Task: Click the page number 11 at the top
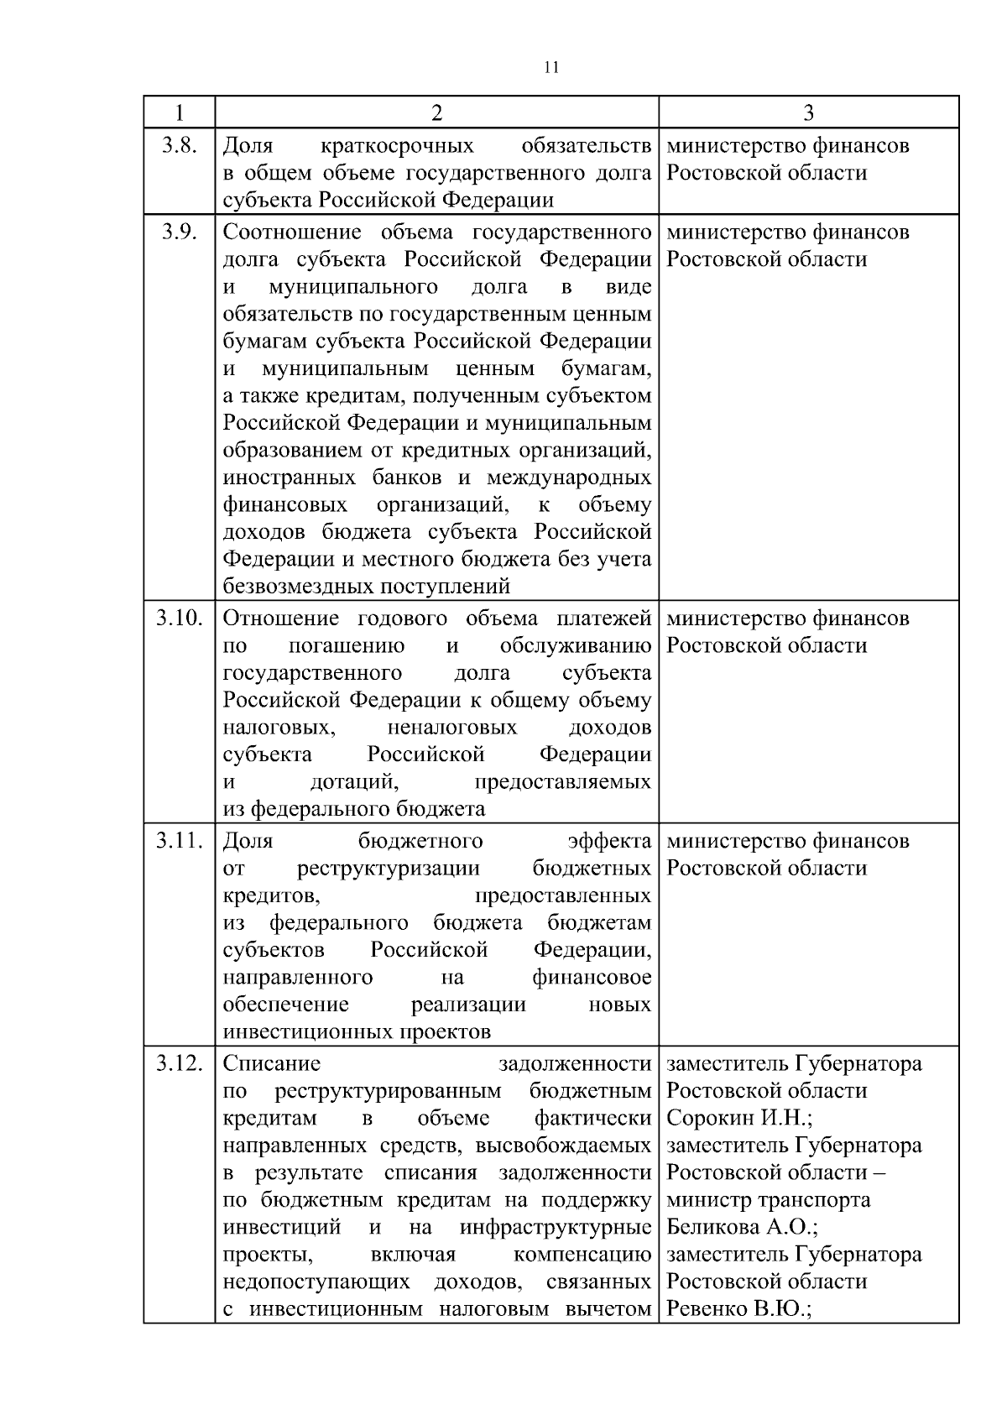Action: pyautogui.click(x=551, y=68)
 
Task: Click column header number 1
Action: pyautogui.click(x=179, y=112)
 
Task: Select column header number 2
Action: pyautogui.click(x=436, y=112)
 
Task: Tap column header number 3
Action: pyautogui.click(x=808, y=112)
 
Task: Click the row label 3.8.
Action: pyautogui.click(x=180, y=145)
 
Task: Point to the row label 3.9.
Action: pyautogui.click(x=180, y=232)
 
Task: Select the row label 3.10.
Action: pyautogui.click(x=180, y=619)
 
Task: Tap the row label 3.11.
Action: pyautogui.click(x=180, y=841)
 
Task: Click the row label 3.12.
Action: pyautogui.click(x=180, y=1063)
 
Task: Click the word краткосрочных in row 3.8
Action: pyautogui.click(x=397, y=146)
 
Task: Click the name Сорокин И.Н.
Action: pyautogui.click(x=738, y=1118)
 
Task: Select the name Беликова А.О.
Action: pyautogui.click(x=742, y=1227)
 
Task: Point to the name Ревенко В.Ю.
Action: pyautogui.click(x=738, y=1308)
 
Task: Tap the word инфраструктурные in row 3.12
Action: pyautogui.click(x=556, y=1227)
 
